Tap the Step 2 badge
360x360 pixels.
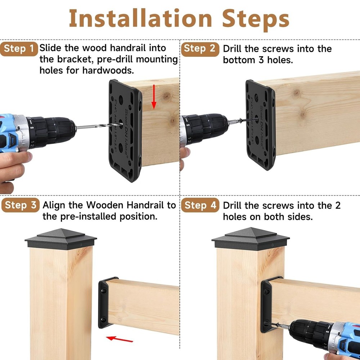click(200, 49)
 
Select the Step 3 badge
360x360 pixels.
click(21, 206)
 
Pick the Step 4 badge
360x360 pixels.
click(200, 206)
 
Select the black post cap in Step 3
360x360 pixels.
click(60, 239)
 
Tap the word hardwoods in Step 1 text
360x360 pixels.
click(110, 70)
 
